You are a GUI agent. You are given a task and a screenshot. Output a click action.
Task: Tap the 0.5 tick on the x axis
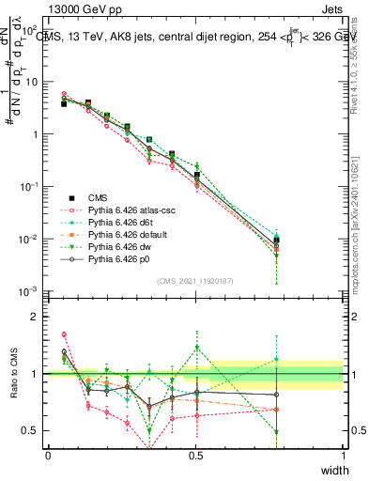(195, 456)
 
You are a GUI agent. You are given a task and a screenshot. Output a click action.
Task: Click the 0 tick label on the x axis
(48, 456)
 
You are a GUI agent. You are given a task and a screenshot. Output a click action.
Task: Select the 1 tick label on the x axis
(343, 456)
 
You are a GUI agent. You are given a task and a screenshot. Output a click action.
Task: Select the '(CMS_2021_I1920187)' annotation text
(195, 280)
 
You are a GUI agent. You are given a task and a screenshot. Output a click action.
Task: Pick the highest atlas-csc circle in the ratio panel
(64, 334)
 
